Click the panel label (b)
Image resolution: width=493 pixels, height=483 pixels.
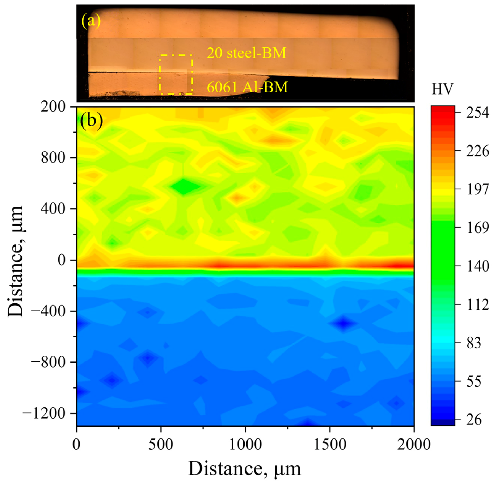tap(92, 121)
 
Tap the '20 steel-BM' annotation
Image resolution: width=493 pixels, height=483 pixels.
tap(246, 53)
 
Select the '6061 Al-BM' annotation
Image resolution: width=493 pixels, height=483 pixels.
tap(247, 87)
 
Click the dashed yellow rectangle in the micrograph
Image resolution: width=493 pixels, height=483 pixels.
tap(176, 75)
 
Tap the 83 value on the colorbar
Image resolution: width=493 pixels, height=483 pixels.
tap(474, 343)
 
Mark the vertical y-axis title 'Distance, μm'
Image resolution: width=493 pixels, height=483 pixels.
tap(16, 261)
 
